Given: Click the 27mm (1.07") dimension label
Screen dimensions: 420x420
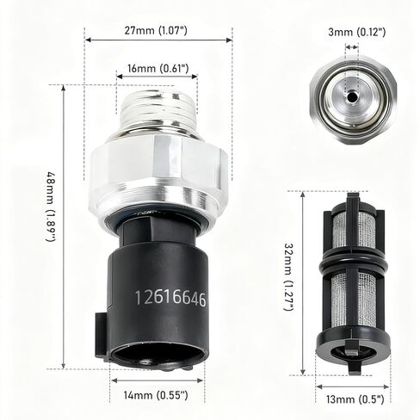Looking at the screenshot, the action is pyautogui.click(x=156, y=30).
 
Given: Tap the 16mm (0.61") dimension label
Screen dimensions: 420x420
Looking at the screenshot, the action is pyautogui.click(x=158, y=69).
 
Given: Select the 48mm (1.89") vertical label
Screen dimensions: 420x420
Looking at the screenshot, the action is pyautogui.click(x=51, y=207).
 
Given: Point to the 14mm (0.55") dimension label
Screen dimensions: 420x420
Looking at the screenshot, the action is pyautogui.click(x=156, y=396).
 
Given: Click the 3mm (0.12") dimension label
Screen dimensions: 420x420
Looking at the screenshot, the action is pyautogui.click(x=357, y=32).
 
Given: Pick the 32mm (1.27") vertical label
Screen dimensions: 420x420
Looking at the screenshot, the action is pyautogui.click(x=289, y=277).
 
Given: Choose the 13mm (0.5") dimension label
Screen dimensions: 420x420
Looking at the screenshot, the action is pyautogui.click(x=355, y=399).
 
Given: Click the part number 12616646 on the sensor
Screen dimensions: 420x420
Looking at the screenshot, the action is pyautogui.click(x=170, y=298).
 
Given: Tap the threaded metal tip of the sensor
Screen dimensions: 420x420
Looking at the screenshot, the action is pyautogui.click(x=157, y=109).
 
